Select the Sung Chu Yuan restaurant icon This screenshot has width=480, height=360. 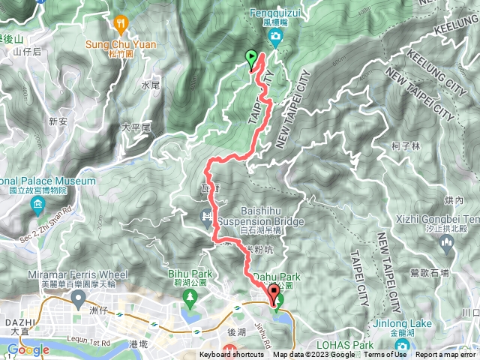120,23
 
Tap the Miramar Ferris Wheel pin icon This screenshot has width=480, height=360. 78,300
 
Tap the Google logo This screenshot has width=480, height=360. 28,349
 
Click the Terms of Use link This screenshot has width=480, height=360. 385,355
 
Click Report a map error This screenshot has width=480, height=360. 447,355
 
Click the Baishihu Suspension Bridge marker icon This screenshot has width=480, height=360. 206,218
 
